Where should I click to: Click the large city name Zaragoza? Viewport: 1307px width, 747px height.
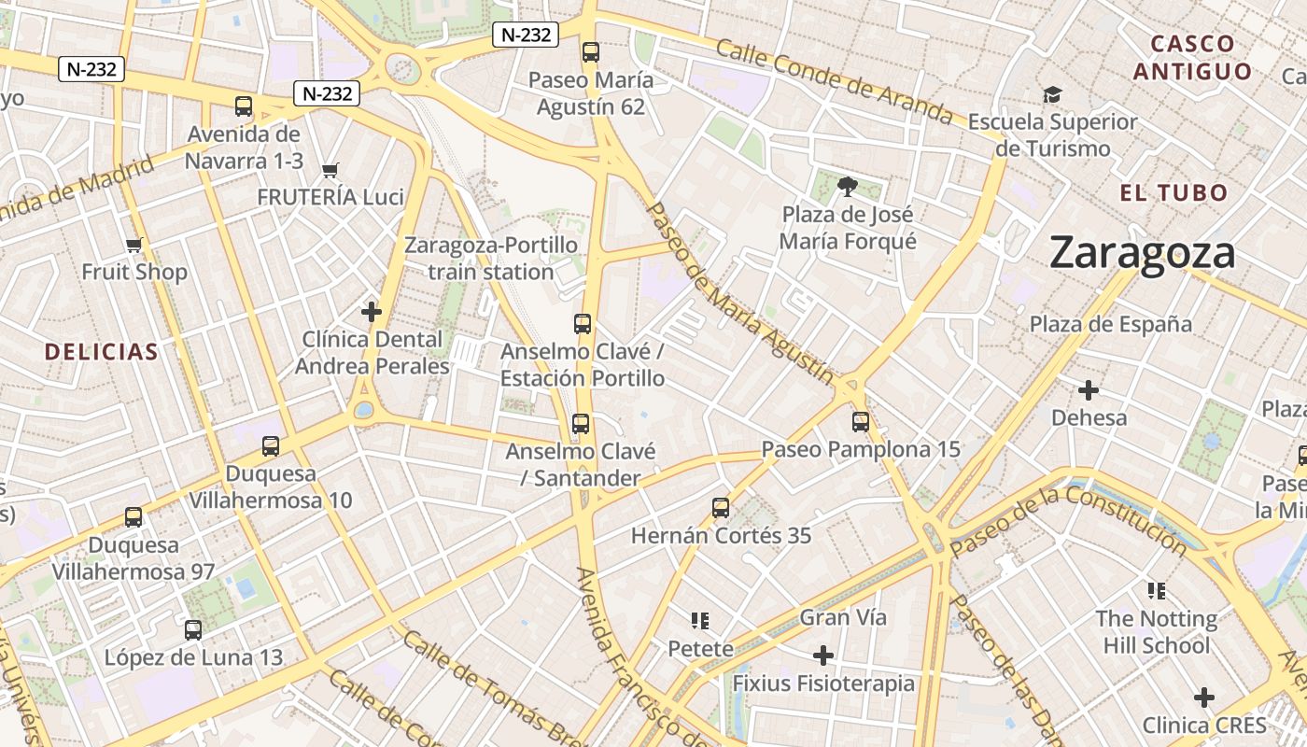point(1142,253)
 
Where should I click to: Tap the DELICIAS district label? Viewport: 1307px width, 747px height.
point(101,352)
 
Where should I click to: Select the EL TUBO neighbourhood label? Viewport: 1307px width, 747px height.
point(1173,193)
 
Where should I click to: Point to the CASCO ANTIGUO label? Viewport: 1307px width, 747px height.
point(1192,57)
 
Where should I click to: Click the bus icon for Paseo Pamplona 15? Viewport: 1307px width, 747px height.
point(860,422)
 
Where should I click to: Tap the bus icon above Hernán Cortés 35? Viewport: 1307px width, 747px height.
point(720,508)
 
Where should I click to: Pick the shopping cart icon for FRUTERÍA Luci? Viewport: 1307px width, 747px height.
point(330,170)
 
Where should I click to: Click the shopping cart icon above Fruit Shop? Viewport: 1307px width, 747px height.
point(134,246)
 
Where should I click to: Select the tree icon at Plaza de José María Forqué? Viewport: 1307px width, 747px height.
point(848,187)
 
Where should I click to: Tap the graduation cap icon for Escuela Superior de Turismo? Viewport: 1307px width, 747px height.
point(1052,94)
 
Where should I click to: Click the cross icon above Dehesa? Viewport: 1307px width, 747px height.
point(1088,390)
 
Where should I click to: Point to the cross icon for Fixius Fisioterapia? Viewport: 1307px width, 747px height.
point(822,655)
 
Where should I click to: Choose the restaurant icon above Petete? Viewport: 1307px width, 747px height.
point(700,621)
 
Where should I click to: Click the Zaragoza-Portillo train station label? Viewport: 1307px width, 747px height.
point(490,259)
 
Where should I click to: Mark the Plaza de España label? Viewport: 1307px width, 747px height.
point(1110,324)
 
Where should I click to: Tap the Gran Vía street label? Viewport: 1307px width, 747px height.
point(843,617)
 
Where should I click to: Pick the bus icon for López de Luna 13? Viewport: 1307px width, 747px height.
point(192,630)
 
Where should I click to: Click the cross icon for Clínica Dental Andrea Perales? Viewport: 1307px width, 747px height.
point(372,311)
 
